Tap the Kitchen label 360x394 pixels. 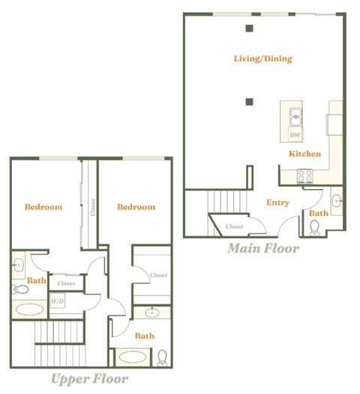tap(305, 154)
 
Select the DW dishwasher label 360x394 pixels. tap(295, 135)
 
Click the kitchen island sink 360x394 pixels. tap(296, 116)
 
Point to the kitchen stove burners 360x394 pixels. tap(305, 177)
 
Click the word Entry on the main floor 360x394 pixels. tap(277, 202)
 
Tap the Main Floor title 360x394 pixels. tap(262, 248)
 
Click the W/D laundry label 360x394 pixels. tap(58, 302)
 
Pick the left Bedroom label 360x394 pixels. tap(43, 207)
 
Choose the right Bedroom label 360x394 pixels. tap(136, 207)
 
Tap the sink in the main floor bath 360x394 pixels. tap(337, 201)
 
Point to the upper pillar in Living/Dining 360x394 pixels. tap(249, 29)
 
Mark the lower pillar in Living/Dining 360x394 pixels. tap(249, 101)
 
